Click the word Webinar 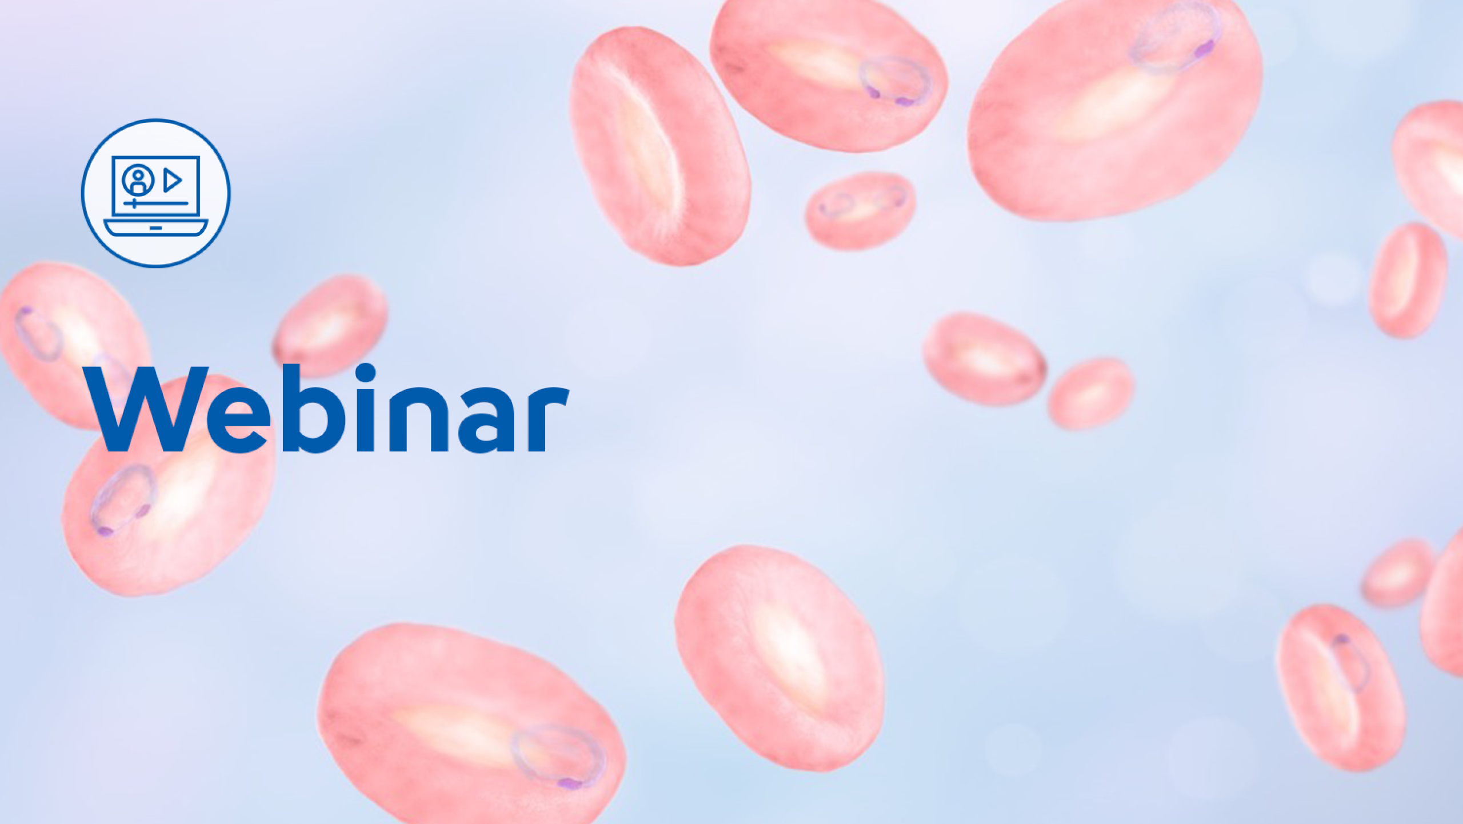[x=326, y=408]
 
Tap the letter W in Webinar [x=145, y=409]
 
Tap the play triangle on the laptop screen [x=172, y=180]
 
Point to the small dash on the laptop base [x=156, y=228]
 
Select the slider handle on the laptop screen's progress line [x=134, y=203]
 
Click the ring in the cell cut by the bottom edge [x=558, y=758]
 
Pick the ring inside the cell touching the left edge [x=38, y=334]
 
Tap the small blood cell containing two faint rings [x=860, y=210]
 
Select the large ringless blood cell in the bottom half [x=780, y=658]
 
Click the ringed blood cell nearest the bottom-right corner [x=1340, y=687]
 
